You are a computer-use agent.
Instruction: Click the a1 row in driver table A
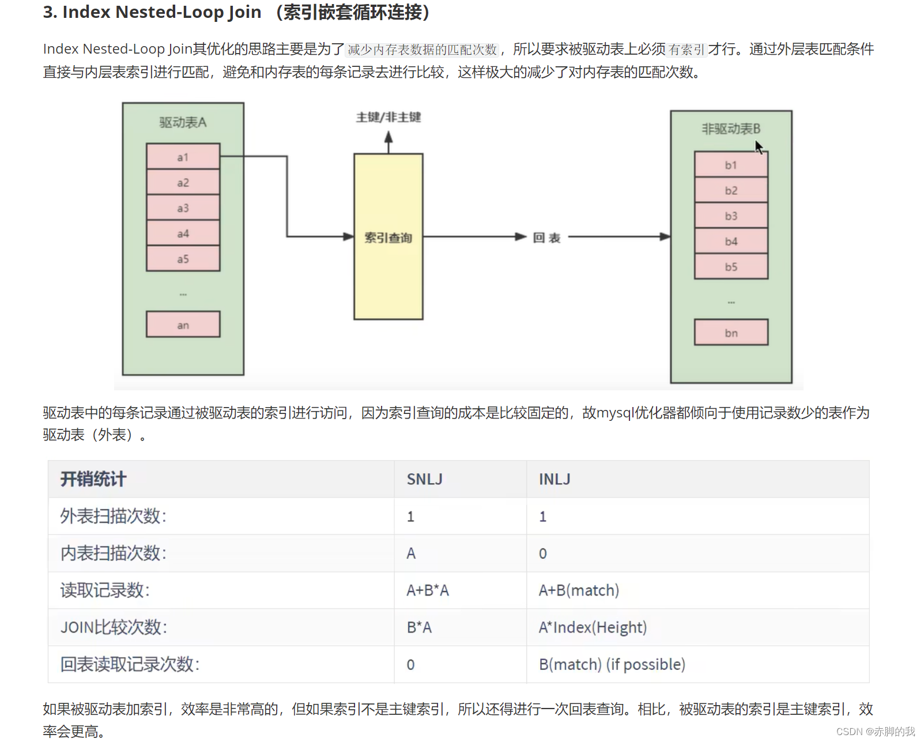183,157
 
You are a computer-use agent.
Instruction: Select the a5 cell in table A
183,259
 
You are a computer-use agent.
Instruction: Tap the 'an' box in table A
183,325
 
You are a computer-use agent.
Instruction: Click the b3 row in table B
731,216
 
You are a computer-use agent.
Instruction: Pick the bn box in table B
731,333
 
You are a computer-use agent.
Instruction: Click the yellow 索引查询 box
388,237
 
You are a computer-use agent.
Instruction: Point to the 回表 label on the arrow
546,238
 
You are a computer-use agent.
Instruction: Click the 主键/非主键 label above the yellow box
388,117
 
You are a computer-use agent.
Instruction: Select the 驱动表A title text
183,122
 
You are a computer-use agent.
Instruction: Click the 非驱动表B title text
730,129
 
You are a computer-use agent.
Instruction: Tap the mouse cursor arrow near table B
759,147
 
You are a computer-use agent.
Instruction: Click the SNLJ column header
424,479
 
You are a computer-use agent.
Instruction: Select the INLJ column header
555,479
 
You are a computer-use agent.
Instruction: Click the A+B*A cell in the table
427,590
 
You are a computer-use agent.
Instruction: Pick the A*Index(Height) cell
593,627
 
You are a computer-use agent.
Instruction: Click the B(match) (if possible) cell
612,664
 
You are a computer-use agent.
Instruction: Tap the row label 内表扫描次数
113,553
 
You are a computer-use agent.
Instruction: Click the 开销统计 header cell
93,479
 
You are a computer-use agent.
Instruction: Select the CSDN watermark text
875,731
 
